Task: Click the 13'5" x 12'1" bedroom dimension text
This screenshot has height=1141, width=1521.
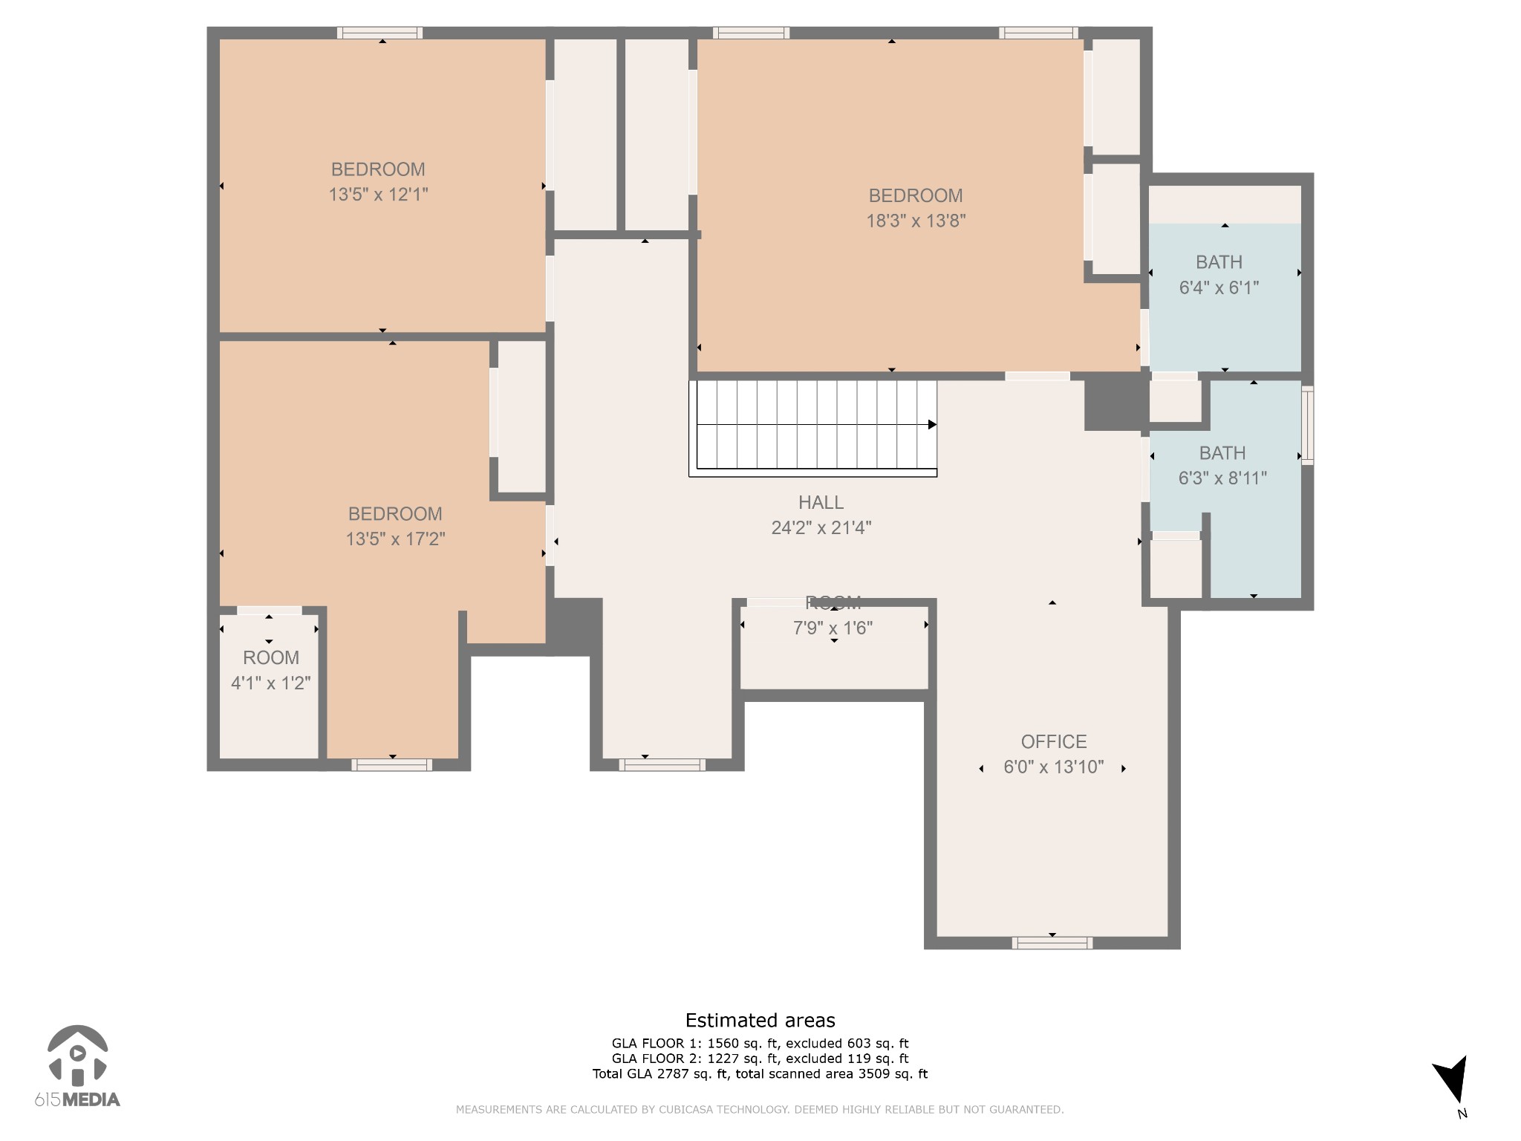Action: pos(378,195)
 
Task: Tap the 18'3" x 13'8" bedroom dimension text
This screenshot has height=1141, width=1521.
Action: pos(915,221)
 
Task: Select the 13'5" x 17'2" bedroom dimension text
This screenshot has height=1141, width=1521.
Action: pos(394,539)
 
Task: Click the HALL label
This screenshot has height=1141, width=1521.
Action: pos(821,503)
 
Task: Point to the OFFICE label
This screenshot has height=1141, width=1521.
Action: pos(1053,741)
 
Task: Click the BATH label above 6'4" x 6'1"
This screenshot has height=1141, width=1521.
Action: pos(1219,262)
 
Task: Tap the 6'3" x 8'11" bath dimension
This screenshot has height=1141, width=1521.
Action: pos(1222,478)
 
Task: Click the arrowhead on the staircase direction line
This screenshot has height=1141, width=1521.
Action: pos(932,425)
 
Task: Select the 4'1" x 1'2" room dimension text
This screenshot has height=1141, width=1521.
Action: pos(270,683)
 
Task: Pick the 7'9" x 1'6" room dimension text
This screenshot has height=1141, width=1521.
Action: pos(833,628)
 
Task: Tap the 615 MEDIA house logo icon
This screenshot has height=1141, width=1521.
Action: pos(77,1054)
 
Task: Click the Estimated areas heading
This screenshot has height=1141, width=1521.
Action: pos(760,1021)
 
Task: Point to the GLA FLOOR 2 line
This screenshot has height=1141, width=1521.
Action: pos(760,1059)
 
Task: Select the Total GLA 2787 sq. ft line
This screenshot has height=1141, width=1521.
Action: pos(760,1073)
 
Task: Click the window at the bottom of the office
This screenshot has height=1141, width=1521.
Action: pos(1052,943)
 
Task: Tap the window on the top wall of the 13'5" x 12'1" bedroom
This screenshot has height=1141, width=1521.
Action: pos(380,33)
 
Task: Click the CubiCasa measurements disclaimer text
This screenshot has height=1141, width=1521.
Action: pos(759,1110)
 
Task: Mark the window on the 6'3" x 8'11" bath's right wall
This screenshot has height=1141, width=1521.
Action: pos(1307,425)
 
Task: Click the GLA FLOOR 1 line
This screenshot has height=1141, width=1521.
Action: pos(760,1044)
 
